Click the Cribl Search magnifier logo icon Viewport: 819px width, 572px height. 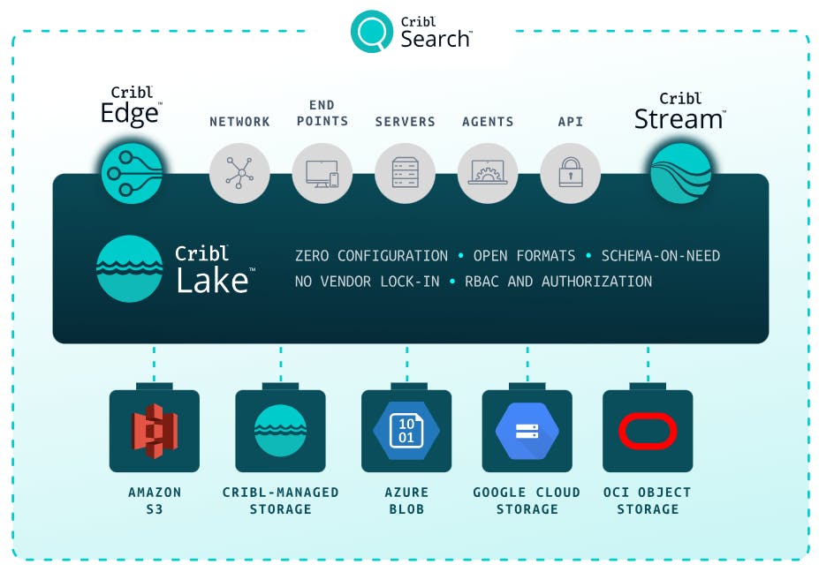pyautogui.click(x=371, y=32)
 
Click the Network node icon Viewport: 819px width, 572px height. pyautogui.click(x=239, y=173)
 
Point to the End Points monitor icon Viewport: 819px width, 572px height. pyautogui.click(x=322, y=173)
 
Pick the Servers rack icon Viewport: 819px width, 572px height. pyautogui.click(x=406, y=173)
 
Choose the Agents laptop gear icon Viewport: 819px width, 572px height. pyautogui.click(x=488, y=173)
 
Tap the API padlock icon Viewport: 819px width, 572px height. pyautogui.click(x=571, y=173)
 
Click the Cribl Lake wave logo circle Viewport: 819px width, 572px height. pyautogui.click(x=129, y=268)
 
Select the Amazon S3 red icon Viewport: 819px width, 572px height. pyautogui.click(x=155, y=431)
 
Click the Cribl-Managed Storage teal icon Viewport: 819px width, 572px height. pyautogui.click(x=280, y=431)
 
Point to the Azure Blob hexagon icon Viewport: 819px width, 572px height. pyautogui.click(x=406, y=431)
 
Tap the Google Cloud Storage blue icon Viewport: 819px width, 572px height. pyautogui.click(x=527, y=431)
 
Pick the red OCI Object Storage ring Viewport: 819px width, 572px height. pyautogui.click(x=648, y=431)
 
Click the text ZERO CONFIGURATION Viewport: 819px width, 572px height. pyautogui.click(x=371, y=256)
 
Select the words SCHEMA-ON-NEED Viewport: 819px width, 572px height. pyautogui.click(x=660, y=256)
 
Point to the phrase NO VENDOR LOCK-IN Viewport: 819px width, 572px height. pyautogui.click(x=367, y=282)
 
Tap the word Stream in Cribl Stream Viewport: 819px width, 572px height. pyautogui.click(x=679, y=119)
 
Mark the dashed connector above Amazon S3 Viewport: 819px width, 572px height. pyautogui.click(x=155, y=362)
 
